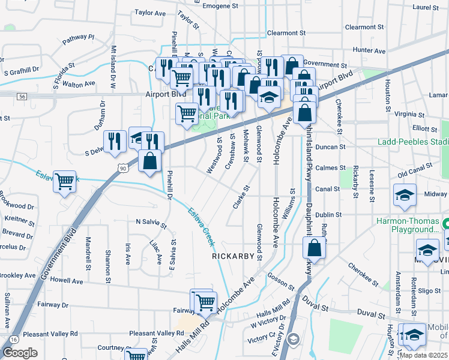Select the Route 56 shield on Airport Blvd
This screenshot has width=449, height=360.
pyautogui.click(x=22, y=96)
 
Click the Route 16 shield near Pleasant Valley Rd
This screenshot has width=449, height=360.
pyautogui.click(x=13, y=340)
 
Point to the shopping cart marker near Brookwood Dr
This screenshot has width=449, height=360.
pyautogui.click(x=65, y=181)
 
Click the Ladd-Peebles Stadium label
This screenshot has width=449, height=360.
pyautogui.click(x=413, y=142)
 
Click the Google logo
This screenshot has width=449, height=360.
pyautogui.click(x=20, y=353)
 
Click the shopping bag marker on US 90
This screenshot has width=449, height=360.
pyautogui.click(x=149, y=161)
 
